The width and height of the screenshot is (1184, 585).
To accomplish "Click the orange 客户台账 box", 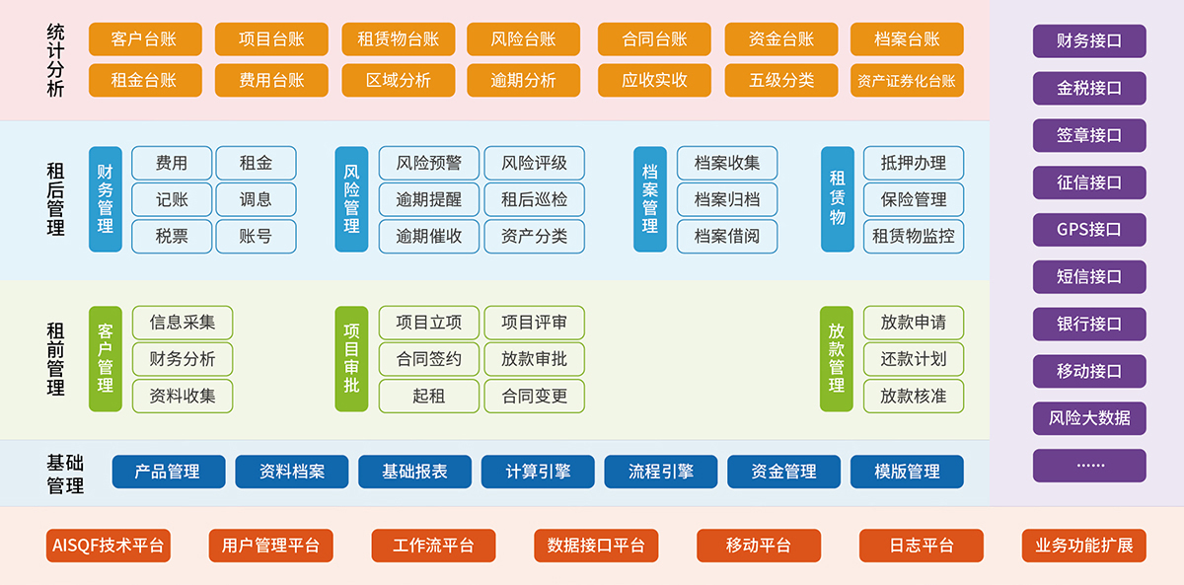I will pos(145,39).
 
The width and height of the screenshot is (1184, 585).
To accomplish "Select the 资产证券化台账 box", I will pos(907,81).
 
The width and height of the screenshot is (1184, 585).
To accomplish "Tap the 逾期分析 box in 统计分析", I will pos(523,81).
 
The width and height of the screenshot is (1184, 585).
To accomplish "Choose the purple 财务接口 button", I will pos(1089,41).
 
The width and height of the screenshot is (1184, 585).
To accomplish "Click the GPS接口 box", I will pos(1089,230).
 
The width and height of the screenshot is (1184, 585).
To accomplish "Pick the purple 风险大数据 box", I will pos(1089,417).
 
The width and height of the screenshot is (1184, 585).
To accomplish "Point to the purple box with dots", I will pos(1089,465).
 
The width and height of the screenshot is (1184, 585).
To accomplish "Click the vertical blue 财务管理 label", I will pos(106,198).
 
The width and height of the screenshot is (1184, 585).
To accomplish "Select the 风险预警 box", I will pos(428,163).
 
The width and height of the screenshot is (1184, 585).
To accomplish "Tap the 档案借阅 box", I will pos(726,237).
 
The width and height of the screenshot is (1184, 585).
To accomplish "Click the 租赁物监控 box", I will pos(914,237).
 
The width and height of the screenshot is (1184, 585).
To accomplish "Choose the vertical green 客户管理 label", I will pos(106,359).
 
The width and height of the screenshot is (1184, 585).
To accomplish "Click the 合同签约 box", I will pos(428,359).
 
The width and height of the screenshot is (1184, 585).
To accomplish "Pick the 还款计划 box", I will pos(914,359).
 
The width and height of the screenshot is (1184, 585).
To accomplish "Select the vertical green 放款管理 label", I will pos(837,359).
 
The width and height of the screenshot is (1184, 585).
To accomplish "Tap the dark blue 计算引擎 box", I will pos(538,472).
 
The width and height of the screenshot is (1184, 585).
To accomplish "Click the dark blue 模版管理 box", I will pos(907,472).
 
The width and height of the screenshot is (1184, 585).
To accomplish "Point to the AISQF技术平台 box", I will pos(108,546).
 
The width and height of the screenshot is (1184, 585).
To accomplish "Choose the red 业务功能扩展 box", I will pos(1083,546).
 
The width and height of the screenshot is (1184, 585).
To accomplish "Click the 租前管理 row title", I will pos(55,359).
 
